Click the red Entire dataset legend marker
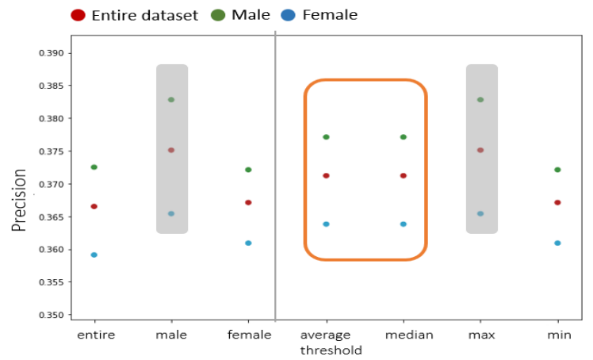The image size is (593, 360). [x=78, y=15]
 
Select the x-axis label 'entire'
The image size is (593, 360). [x=95, y=335]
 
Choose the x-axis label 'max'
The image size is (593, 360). [x=480, y=335]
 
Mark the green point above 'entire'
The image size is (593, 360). [x=94, y=167]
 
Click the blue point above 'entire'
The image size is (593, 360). [x=94, y=255]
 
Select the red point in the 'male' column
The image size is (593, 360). [x=171, y=150]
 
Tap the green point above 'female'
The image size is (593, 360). [x=249, y=170]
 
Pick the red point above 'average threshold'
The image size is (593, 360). [x=326, y=176]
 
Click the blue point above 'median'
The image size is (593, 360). [x=404, y=224]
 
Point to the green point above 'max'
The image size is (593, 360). [x=480, y=100]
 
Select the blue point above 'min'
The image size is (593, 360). [x=558, y=243]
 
